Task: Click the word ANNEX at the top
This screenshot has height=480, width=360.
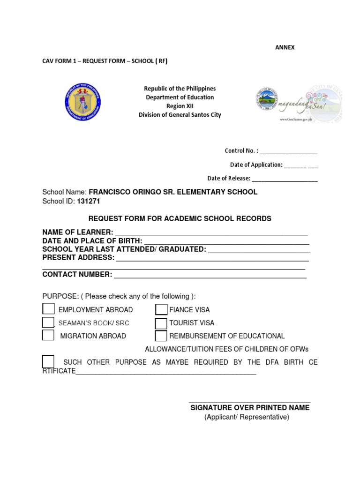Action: pyautogui.click(x=285, y=48)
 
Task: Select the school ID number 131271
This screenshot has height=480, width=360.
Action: pyautogui.click(x=85, y=201)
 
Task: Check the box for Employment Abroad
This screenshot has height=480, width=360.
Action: pyautogui.click(x=48, y=309)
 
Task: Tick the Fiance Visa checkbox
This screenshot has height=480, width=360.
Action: pyautogui.click(x=161, y=309)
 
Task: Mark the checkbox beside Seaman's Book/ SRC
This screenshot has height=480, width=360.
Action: pyautogui.click(x=48, y=322)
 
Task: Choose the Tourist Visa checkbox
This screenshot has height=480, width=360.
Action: pyautogui.click(x=161, y=323)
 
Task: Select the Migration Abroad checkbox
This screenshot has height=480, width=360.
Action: pyautogui.click(x=48, y=335)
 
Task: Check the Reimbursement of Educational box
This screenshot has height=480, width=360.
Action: pyautogui.click(x=161, y=336)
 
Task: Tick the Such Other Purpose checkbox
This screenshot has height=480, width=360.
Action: pyautogui.click(x=48, y=362)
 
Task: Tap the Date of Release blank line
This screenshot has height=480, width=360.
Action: pyautogui.click(x=285, y=179)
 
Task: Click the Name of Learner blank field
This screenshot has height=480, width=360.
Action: pyautogui.click(x=211, y=233)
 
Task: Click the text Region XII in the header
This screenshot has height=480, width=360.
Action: pyautogui.click(x=180, y=106)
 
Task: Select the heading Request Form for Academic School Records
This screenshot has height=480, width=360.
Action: pyautogui.click(x=180, y=219)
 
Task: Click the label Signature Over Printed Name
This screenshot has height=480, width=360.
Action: pyautogui.click(x=250, y=408)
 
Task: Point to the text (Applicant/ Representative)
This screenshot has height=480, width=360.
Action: pyautogui.click(x=247, y=417)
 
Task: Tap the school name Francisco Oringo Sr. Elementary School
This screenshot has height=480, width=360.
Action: pyautogui.click(x=173, y=192)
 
